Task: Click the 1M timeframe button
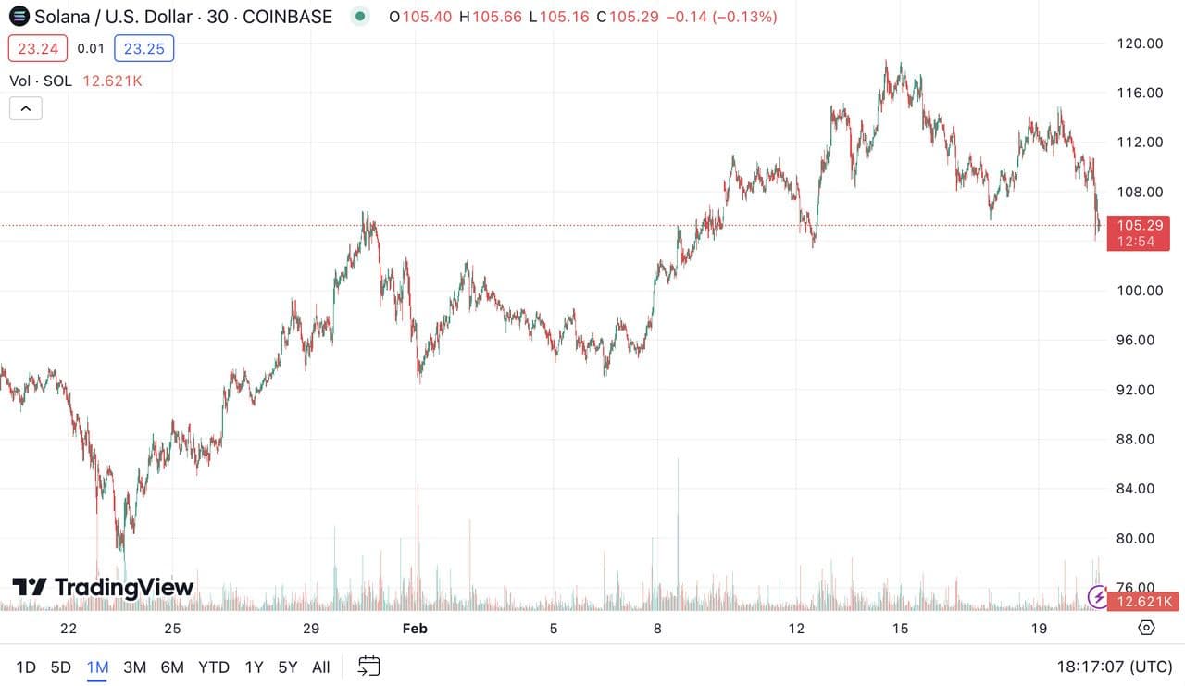(97, 667)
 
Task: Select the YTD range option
(215, 667)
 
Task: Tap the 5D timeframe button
(60, 667)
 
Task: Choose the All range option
(320, 667)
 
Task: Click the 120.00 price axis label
(1140, 44)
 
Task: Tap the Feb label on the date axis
(415, 629)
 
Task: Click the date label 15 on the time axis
(900, 629)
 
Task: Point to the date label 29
(311, 629)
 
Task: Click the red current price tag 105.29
(1140, 225)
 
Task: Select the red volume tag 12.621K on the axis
(1145, 603)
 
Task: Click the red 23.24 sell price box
(37, 48)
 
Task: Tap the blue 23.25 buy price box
(143, 48)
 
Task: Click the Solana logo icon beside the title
(19, 16)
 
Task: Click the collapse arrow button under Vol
(25, 108)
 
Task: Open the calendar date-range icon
(369, 666)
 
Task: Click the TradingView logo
(103, 587)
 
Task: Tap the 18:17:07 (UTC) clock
(1114, 667)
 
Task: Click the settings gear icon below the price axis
(1146, 628)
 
